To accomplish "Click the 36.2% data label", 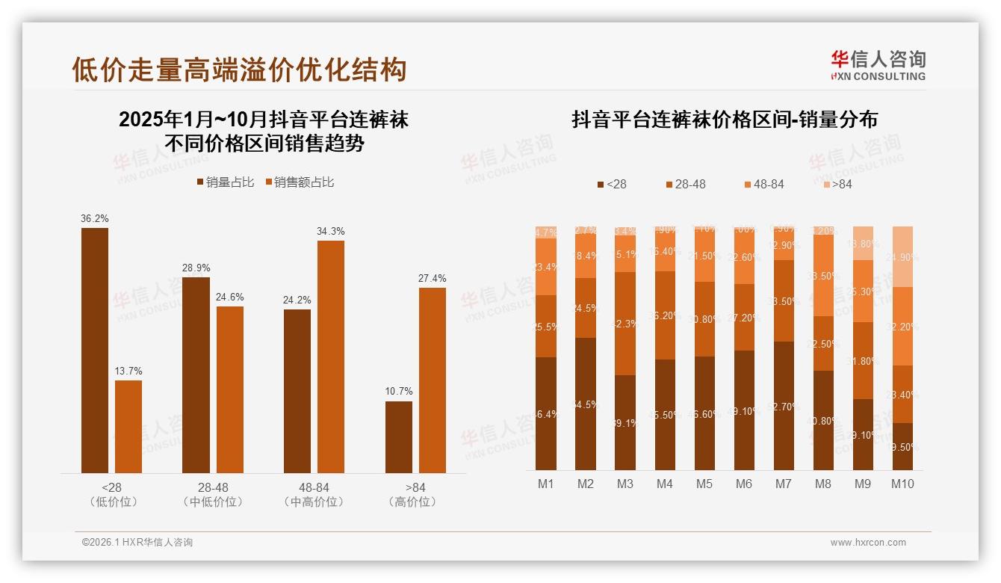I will tap(95, 219).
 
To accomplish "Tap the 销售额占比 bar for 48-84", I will tap(331, 357).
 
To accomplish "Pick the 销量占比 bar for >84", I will tap(399, 437).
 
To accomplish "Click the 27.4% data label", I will tap(433, 279).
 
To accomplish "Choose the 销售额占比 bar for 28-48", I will tap(230, 389).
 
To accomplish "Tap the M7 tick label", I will tap(783, 484).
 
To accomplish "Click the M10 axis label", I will tap(902, 484).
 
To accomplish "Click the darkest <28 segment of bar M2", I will tap(586, 404).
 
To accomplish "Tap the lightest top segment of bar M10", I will tap(902, 256).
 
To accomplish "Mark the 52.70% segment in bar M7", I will tap(784, 406).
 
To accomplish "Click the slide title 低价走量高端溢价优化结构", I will tap(239, 70).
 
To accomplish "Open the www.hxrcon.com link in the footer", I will tap(868, 543).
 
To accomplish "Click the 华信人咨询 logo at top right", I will tap(878, 65).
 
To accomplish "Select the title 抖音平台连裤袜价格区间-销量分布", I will tap(725, 120).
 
